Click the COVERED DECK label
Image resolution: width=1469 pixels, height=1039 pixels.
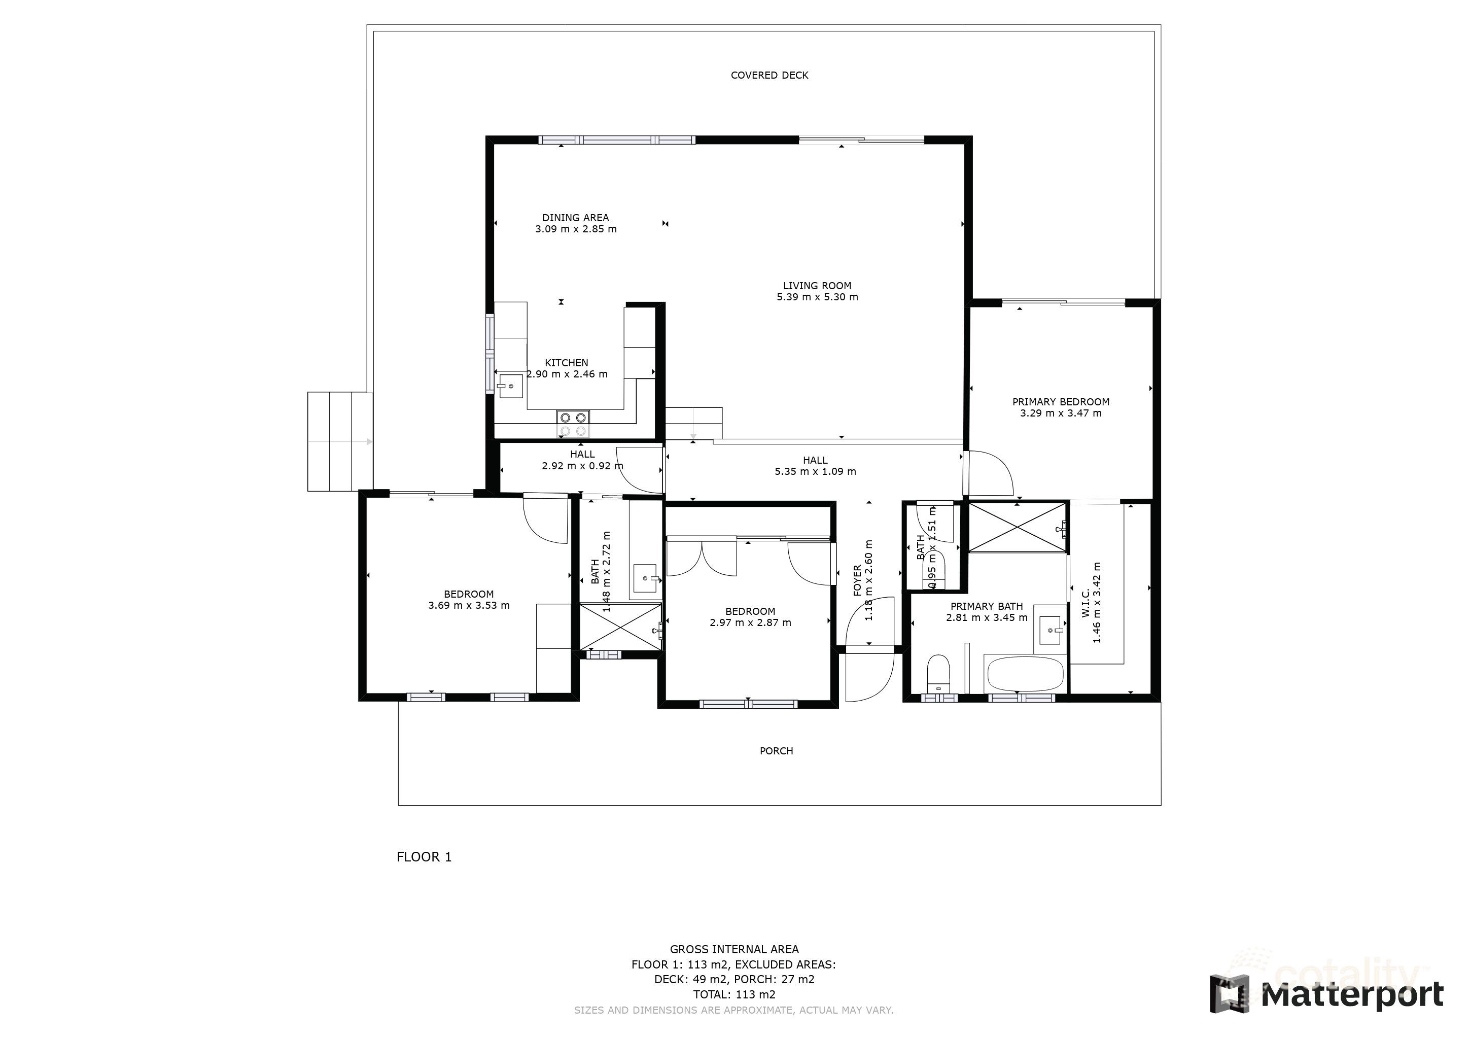click(769, 76)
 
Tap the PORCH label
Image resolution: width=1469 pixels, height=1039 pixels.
click(776, 751)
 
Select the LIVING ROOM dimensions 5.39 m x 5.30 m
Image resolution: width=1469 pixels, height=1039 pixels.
click(817, 297)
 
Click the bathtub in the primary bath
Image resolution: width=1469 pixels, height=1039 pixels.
click(1025, 674)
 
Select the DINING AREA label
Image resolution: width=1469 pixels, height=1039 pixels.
click(575, 218)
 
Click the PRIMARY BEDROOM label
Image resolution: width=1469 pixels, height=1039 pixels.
click(1060, 402)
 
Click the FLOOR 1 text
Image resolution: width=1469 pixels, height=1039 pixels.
click(424, 857)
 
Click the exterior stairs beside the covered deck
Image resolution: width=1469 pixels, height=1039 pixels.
click(340, 441)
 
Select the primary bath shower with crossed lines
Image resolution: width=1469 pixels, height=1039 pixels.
click(1018, 527)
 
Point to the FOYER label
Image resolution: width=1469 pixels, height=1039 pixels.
click(857, 580)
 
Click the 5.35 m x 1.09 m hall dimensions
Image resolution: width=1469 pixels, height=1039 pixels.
click(815, 471)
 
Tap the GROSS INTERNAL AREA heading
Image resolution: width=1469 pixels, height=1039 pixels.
click(734, 949)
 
